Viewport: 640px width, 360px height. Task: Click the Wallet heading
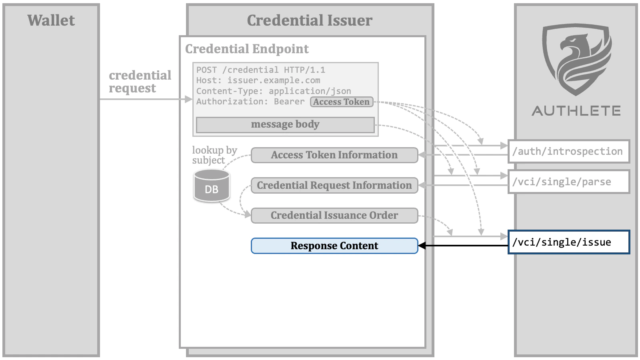pyautogui.click(x=51, y=20)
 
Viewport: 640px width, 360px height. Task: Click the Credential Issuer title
pyautogui.click(x=310, y=20)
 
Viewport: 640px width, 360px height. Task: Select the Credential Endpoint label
pyautogui.click(x=247, y=49)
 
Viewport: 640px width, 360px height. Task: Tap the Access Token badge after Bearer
pyautogui.click(x=341, y=102)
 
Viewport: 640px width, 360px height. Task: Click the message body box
pyautogui.click(x=285, y=124)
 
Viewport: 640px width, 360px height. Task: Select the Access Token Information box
pyautogui.click(x=334, y=155)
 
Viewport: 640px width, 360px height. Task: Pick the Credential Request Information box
pyautogui.click(x=334, y=185)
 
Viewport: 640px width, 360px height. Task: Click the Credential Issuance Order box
pyautogui.click(x=334, y=215)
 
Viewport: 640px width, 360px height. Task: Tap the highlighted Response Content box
pyautogui.click(x=334, y=246)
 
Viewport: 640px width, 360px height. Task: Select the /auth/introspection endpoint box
pyautogui.click(x=568, y=151)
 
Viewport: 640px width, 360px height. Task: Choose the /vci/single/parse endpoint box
pyautogui.click(x=568, y=182)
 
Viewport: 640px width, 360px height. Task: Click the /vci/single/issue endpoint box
pyautogui.click(x=568, y=242)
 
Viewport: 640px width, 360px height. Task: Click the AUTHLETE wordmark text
pyautogui.click(x=576, y=111)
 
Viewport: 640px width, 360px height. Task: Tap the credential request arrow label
pyautogui.click(x=140, y=82)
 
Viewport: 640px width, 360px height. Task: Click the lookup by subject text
pyautogui.click(x=214, y=155)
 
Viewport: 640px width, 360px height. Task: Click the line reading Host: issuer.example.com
pyautogui.click(x=258, y=80)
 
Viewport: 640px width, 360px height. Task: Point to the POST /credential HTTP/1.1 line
pyautogui.click(x=260, y=70)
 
